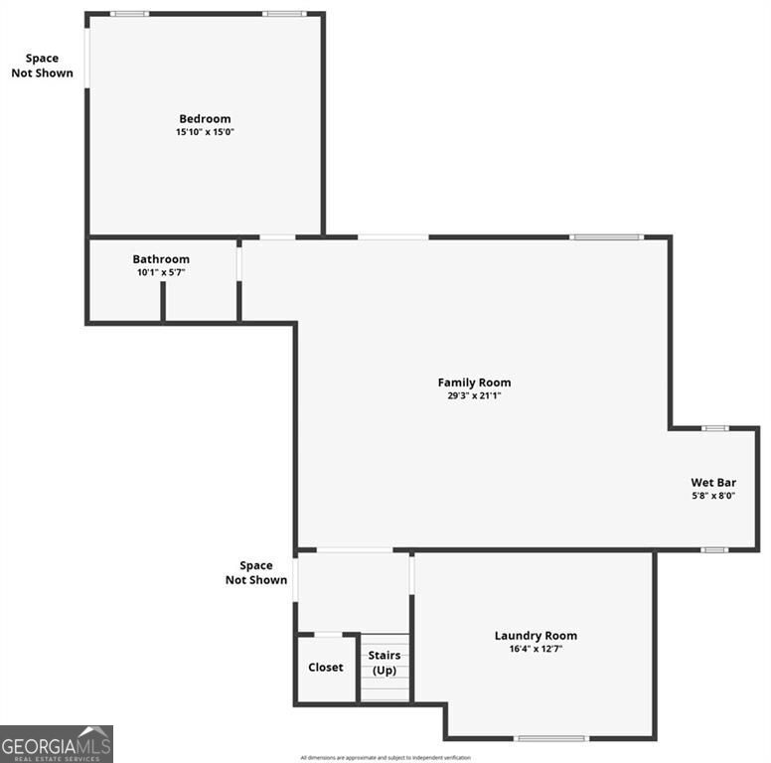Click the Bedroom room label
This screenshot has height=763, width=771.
[205, 119]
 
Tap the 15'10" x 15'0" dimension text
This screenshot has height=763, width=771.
[205, 132]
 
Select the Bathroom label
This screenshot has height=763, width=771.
[161, 259]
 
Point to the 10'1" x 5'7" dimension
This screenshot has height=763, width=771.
[161, 272]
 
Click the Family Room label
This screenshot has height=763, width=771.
[474, 382]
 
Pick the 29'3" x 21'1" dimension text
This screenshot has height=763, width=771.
[474, 395]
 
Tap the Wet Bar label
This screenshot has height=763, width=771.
[713, 483]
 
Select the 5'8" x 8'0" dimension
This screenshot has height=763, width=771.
[713, 496]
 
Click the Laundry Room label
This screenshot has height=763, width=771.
[536, 636]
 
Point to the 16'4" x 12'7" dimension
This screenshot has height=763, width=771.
[536, 649]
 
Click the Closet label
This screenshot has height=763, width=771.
[326, 668]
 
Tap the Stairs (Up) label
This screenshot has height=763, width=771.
[385, 663]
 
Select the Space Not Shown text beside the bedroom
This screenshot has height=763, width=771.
[42, 66]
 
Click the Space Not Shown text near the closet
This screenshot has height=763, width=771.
[256, 572]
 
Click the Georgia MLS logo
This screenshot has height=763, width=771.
[57, 743]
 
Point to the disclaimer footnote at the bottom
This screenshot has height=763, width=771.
[385, 758]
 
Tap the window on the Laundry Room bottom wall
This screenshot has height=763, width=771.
[551, 738]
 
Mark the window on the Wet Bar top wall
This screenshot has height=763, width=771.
[715, 428]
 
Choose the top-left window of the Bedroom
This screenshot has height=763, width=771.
[129, 14]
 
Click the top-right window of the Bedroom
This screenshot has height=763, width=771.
[285, 14]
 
